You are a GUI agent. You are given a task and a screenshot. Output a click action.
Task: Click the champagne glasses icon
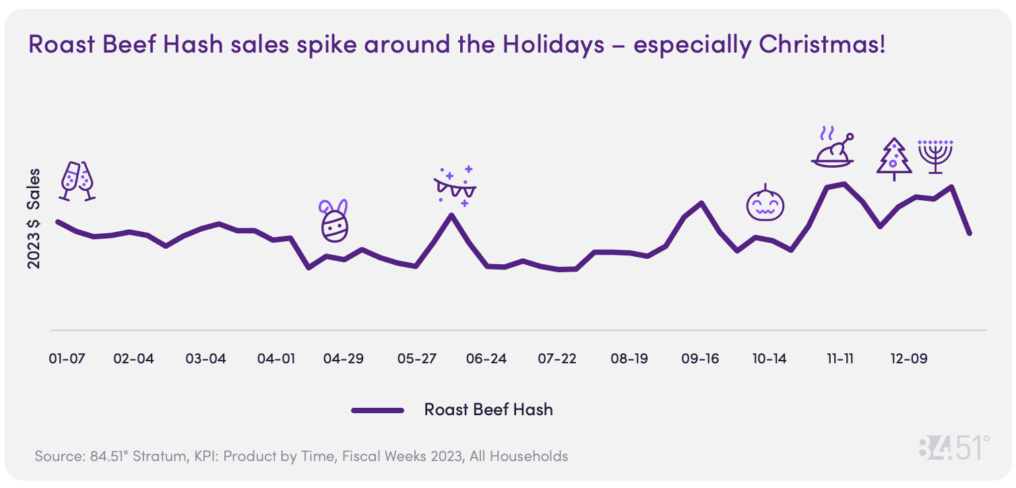tap(77, 181)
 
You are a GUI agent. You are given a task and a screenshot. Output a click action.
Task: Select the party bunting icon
tap(455, 185)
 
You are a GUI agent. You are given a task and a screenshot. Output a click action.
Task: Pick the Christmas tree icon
tap(894, 159)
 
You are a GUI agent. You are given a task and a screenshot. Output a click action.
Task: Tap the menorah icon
tap(936, 156)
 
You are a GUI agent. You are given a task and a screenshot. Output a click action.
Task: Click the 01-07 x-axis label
tap(67, 359)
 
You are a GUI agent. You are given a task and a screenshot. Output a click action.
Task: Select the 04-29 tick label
tap(343, 359)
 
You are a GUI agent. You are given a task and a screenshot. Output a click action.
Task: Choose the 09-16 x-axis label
tap(700, 359)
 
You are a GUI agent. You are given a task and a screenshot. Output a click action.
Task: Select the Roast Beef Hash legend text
tap(488, 409)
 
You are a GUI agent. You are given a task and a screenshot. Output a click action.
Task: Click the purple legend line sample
tap(377, 410)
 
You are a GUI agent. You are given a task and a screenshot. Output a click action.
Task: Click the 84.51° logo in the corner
tap(954, 448)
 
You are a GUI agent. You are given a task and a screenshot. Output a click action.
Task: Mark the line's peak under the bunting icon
tap(451, 215)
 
